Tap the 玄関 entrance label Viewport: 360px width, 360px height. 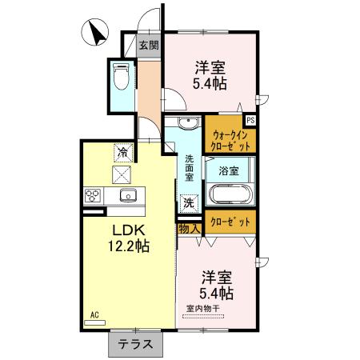(x=149, y=46)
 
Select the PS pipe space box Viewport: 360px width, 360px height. (x=250, y=120)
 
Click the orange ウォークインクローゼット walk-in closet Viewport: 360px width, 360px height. (x=230, y=141)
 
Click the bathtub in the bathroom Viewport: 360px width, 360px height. (x=230, y=194)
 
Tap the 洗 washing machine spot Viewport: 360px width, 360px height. (x=187, y=203)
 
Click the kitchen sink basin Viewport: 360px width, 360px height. (x=126, y=197)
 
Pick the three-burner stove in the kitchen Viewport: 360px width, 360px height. (x=92, y=196)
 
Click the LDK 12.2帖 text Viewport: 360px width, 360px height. (x=129, y=237)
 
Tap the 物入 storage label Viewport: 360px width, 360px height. (x=190, y=229)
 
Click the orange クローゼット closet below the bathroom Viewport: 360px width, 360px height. (x=231, y=222)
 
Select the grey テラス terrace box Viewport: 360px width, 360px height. (x=136, y=345)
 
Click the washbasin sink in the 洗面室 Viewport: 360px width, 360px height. (x=187, y=123)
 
